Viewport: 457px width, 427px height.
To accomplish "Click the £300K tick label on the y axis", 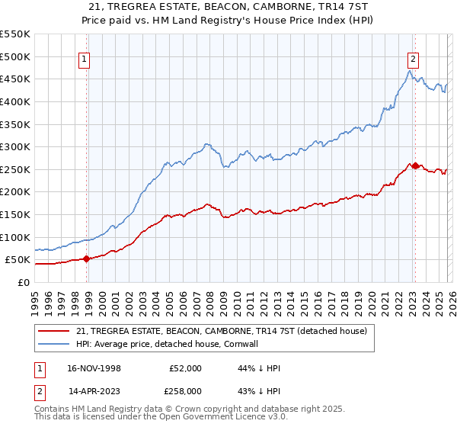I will coord(15,146).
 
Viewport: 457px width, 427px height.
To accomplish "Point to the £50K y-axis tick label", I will coord(18,260).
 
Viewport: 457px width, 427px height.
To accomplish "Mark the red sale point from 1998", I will coord(86,258).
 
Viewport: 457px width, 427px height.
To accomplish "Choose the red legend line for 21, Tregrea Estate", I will coord(53,331).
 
